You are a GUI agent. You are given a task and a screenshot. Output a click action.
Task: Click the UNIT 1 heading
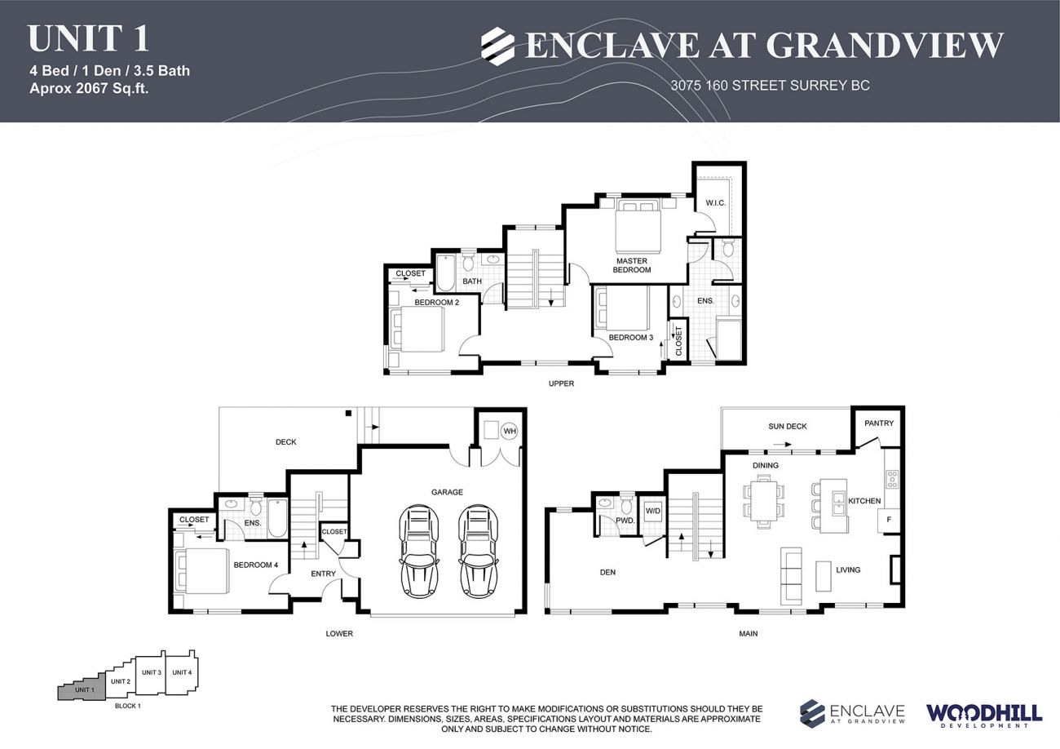click(x=88, y=39)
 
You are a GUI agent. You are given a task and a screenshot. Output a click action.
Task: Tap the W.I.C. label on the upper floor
click(x=715, y=202)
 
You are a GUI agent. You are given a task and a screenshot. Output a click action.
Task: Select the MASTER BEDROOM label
click(x=631, y=265)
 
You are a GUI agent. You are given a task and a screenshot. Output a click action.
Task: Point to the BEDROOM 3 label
click(x=630, y=337)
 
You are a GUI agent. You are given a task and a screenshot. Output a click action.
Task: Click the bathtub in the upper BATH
click(x=445, y=273)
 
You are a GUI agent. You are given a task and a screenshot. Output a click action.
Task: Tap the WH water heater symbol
click(x=509, y=430)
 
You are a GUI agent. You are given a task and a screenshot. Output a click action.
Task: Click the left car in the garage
click(x=419, y=551)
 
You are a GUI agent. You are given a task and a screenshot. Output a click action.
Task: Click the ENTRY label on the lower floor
click(x=323, y=574)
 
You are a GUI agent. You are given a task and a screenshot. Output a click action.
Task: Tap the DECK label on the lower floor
click(x=285, y=442)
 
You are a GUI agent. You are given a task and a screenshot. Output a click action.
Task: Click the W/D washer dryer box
click(x=652, y=512)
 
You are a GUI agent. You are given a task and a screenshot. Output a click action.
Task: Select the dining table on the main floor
click(x=764, y=500)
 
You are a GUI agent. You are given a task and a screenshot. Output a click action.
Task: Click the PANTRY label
click(x=879, y=423)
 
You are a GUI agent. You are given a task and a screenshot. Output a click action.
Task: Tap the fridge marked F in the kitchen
click(x=888, y=520)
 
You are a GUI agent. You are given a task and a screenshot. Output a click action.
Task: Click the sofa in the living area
click(x=791, y=575)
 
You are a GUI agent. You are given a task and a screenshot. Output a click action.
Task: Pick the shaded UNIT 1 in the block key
click(x=82, y=690)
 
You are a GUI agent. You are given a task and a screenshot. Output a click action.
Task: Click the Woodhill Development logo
click(x=983, y=715)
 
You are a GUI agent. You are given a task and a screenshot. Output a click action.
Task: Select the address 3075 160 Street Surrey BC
click(x=770, y=86)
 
